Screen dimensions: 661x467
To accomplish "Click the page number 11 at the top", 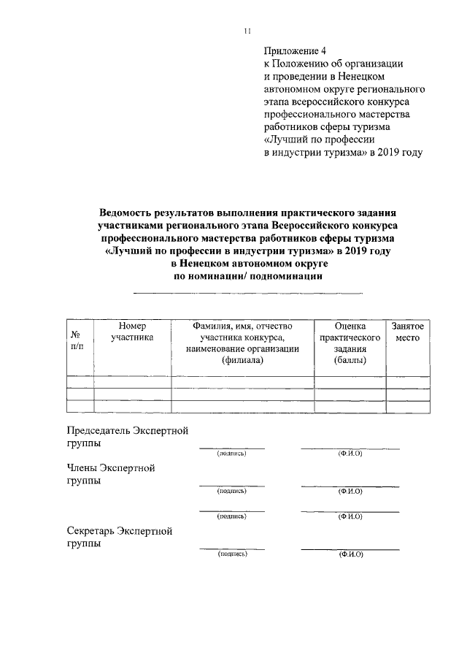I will coord(247,31).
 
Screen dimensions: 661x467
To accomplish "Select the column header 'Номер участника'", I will coord(132,332).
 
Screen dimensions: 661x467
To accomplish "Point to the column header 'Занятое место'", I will coord(407,332).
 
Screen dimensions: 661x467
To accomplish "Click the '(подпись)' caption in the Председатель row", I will coord(231,454).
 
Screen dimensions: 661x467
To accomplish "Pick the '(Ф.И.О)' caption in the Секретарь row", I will coord(350,554).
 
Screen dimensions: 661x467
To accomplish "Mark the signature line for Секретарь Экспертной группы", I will coord(232,548).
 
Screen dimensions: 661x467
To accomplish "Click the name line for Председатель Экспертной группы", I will coord(350,447).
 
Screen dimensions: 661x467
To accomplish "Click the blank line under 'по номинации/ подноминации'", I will coord(247,293).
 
